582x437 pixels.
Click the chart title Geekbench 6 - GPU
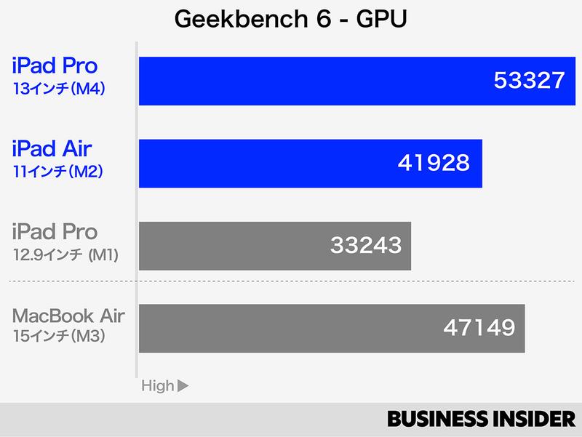coord(290,20)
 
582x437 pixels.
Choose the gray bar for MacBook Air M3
coord(291,328)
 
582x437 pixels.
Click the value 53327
coord(529,81)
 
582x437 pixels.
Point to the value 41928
coord(434,163)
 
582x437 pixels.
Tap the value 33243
coord(365,245)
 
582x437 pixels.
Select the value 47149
coord(479,328)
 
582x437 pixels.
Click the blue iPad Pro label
coord(55,66)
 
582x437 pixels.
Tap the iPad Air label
coord(52,149)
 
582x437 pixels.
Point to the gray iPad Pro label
coord(55,233)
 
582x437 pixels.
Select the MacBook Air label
coord(68,316)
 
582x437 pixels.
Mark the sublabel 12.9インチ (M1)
coord(65,255)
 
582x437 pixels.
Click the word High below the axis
coord(158,386)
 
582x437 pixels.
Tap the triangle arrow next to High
coord(183,386)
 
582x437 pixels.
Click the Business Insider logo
coord(481,419)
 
